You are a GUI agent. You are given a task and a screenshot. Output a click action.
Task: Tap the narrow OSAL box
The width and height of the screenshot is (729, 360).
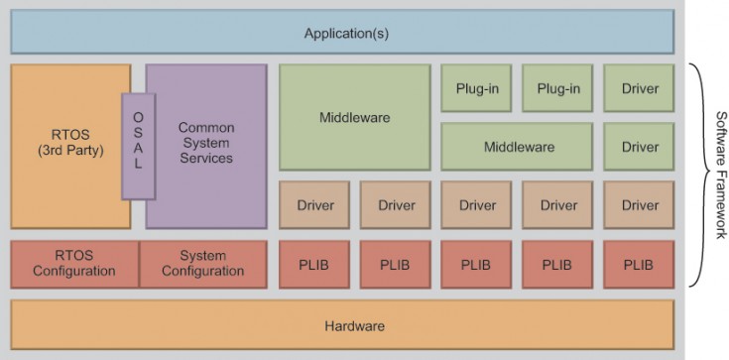coord(138,147)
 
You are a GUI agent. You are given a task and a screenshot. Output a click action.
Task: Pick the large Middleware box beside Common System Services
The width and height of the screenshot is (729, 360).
coord(354,117)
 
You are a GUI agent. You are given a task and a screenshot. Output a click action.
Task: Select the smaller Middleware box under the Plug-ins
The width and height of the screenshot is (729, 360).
coord(518,147)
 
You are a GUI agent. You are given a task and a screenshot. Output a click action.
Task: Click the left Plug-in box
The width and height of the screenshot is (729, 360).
coord(476,88)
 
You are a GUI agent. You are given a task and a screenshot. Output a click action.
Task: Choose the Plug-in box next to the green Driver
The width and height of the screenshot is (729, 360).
coord(557,88)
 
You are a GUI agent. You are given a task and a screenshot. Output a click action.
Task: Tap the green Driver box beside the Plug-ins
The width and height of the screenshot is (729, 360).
coord(639,88)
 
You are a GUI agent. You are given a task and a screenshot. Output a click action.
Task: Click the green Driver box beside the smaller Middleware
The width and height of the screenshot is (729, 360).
coord(639,147)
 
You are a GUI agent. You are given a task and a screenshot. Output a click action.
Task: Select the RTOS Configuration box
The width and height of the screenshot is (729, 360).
coord(73,264)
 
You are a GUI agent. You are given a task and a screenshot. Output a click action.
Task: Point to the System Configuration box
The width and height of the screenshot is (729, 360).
coord(202,264)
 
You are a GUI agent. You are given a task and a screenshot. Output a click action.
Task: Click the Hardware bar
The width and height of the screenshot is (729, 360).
coord(342,325)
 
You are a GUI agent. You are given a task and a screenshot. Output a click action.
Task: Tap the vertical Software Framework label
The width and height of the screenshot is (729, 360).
coord(719,175)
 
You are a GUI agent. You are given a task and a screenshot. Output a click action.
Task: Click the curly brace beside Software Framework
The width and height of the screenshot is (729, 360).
coord(697,175)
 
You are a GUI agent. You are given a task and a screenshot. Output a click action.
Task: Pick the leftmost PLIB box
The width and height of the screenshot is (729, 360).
coord(313,264)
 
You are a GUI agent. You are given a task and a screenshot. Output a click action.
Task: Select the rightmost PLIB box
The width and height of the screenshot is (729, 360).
coord(639,264)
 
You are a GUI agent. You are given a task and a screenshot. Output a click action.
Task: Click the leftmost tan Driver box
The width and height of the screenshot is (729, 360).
coord(313,205)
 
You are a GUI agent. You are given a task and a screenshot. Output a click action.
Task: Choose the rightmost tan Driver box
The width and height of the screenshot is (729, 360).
coord(639,205)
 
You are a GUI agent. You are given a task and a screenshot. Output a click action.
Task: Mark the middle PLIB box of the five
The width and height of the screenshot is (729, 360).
coord(476,264)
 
